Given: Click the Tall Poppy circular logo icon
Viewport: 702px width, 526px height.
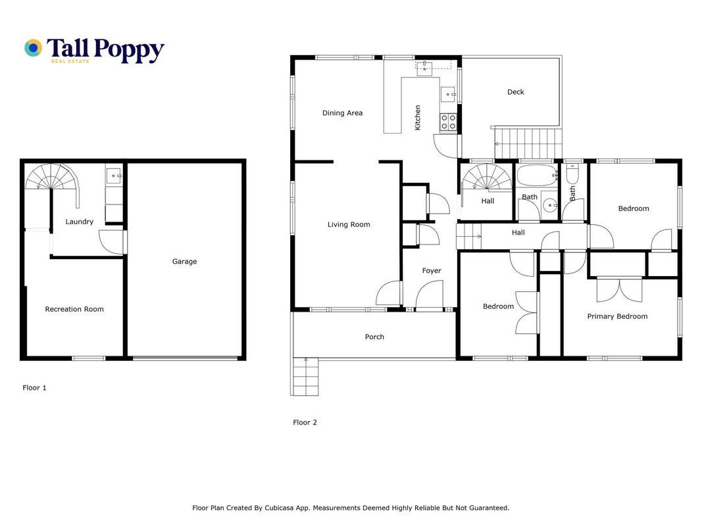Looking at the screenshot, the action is click(x=33, y=48).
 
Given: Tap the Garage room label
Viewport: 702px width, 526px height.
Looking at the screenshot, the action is click(x=184, y=261).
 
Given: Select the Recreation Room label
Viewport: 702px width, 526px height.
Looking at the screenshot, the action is click(x=74, y=309).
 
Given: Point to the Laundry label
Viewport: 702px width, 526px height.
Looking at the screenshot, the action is click(x=79, y=222).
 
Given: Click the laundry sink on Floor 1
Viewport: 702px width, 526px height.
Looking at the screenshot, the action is click(x=114, y=176).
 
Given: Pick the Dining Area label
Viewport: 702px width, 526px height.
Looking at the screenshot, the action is click(x=343, y=112).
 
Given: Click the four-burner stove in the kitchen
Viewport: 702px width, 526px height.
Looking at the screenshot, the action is click(x=448, y=122).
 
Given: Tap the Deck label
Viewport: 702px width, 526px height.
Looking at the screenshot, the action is click(x=515, y=91).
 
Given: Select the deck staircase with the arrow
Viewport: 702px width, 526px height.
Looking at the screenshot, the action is click(x=527, y=143).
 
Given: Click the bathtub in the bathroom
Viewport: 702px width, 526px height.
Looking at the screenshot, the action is click(x=537, y=176).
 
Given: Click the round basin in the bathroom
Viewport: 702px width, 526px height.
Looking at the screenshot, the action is click(x=549, y=205).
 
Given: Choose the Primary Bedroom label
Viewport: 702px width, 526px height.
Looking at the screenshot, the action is click(x=617, y=316).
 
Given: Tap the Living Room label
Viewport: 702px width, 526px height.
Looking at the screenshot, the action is click(x=349, y=224).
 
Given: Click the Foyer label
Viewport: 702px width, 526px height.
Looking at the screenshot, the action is click(x=432, y=271).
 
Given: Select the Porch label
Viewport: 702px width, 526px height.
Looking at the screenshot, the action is click(x=374, y=337).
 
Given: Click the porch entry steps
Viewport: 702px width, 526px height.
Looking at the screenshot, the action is click(x=305, y=377).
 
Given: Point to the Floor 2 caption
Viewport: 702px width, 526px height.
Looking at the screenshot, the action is click(x=305, y=422).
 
